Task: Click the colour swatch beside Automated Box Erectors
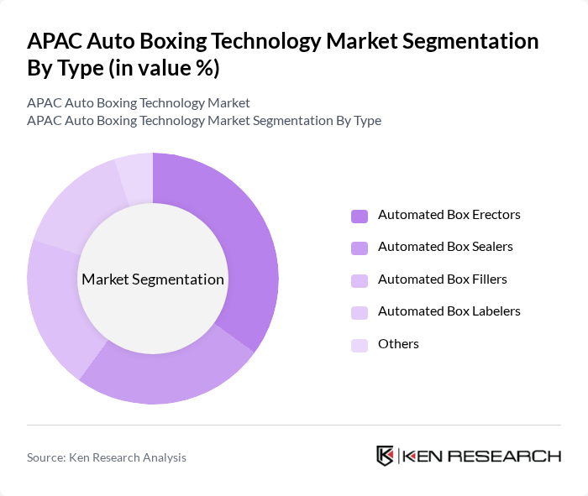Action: (360, 216)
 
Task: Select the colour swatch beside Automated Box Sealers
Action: (360, 248)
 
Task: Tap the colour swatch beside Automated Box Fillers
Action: (360, 279)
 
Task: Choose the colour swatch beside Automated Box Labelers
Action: (360, 312)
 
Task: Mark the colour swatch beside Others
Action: (360, 344)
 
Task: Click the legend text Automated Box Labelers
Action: (449, 311)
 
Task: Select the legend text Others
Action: (398, 344)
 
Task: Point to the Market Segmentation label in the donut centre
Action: (153, 279)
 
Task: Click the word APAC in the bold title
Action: (56, 41)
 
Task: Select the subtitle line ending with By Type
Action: (204, 121)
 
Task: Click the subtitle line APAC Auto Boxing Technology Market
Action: (139, 103)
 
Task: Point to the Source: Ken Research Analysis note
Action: (107, 457)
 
